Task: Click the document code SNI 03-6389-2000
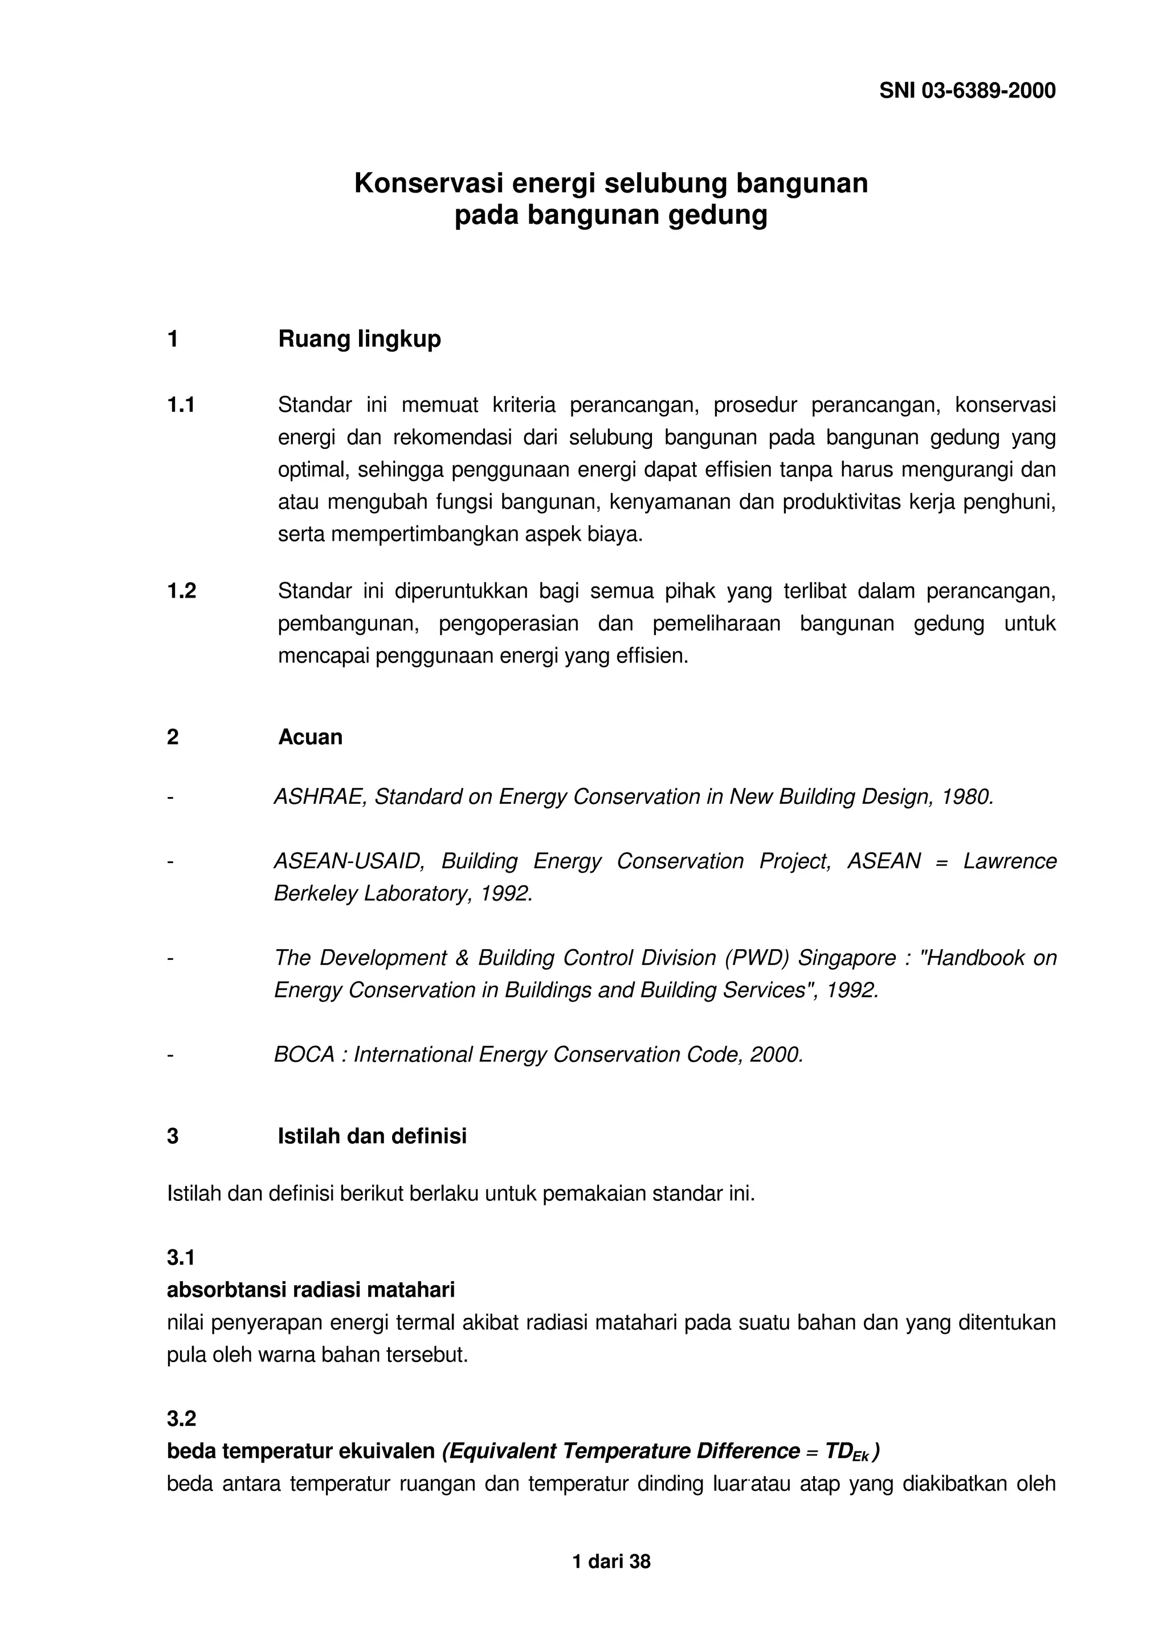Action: (967, 91)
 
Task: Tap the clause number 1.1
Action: (181, 406)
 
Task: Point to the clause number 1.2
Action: (181, 591)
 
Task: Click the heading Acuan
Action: (310, 737)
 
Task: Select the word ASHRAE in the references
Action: (320, 797)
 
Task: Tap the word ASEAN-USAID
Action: (349, 861)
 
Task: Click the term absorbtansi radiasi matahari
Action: (311, 1290)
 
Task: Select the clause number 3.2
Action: (181, 1419)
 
